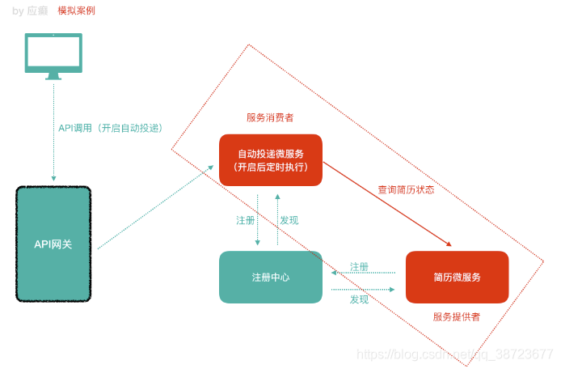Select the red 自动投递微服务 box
tap(271, 160)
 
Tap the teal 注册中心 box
tap(271, 277)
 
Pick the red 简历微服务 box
tap(457, 277)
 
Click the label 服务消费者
tap(270, 117)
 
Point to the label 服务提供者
tap(457, 316)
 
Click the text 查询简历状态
tap(406, 190)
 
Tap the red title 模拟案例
tap(76, 11)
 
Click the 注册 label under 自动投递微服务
tap(245, 220)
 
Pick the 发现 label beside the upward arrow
tap(289, 220)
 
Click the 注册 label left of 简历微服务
tap(360, 267)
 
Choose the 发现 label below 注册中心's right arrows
tap(360, 299)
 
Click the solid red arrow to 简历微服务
tap(388, 203)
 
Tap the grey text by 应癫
tap(30, 11)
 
